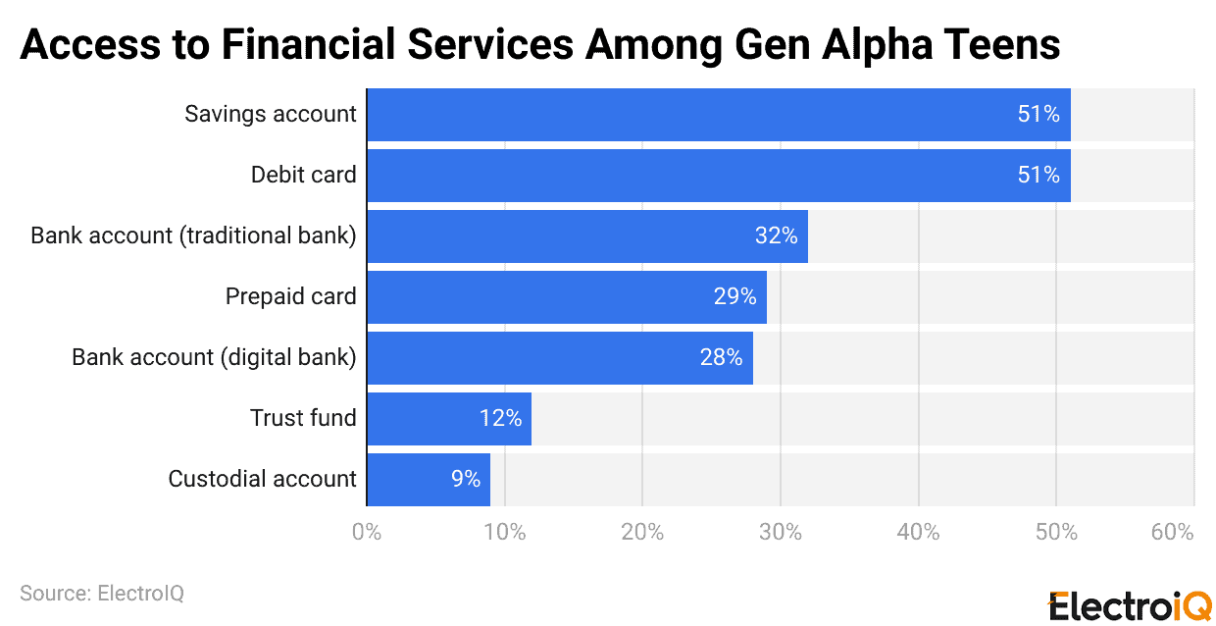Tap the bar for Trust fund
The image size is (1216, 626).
click(x=448, y=418)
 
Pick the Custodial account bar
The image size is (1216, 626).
click(x=428, y=479)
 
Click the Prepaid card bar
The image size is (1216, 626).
click(x=566, y=296)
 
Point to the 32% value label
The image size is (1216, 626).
click(x=776, y=235)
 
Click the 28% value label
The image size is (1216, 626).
click(x=721, y=357)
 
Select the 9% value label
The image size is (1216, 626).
click(x=465, y=479)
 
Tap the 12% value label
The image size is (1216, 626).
click(x=500, y=418)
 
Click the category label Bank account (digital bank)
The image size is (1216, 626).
click(x=214, y=357)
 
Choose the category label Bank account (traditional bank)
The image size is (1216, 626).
click(x=193, y=235)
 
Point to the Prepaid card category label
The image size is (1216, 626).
click(x=290, y=296)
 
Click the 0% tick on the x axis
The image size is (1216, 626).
click(x=367, y=533)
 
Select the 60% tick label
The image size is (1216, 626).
click(x=1172, y=533)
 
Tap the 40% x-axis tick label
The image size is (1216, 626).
click(x=918, y=533)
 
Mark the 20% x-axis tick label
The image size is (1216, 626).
click(x=642, y=533)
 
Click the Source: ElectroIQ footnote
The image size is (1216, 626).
click(x=102, y=594)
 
